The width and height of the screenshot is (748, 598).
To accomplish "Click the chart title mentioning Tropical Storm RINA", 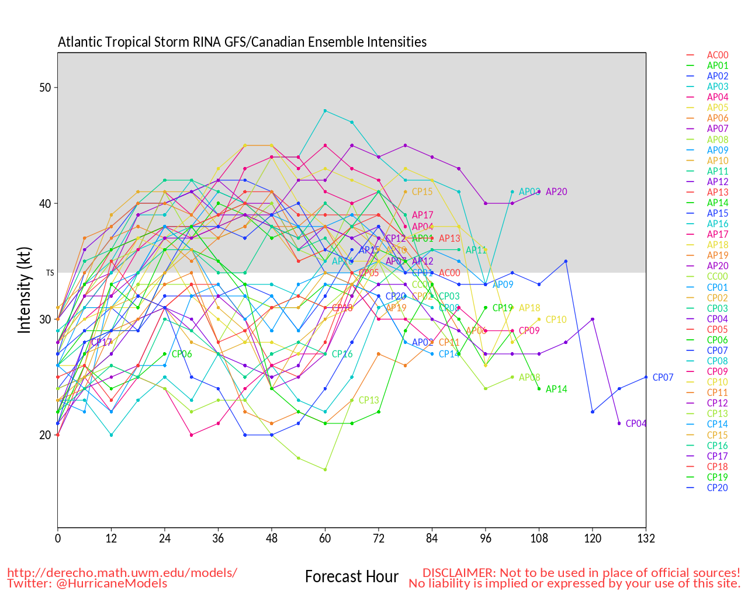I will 242,42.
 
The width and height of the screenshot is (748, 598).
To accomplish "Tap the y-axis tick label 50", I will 45,88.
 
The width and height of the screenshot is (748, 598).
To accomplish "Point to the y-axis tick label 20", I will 45,435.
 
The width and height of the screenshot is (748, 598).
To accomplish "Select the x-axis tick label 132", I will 646,538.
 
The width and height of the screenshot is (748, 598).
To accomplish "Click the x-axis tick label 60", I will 325,538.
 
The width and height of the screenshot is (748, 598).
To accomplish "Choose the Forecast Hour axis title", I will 351,577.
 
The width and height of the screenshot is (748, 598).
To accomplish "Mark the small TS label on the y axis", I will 50,273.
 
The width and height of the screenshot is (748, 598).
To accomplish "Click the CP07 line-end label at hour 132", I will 663,377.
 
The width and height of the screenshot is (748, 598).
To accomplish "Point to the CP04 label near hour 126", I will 636,423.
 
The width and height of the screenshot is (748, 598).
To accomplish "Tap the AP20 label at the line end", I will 556,192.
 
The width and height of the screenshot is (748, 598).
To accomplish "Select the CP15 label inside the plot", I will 422,192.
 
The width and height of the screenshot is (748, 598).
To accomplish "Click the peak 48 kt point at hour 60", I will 325,110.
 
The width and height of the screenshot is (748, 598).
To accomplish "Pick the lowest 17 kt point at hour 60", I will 325,470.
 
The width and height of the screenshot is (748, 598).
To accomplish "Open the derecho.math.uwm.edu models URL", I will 122,572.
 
